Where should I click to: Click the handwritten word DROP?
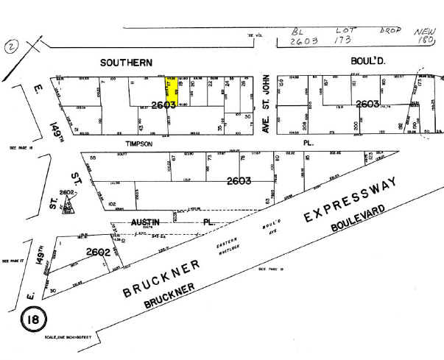[392, 31]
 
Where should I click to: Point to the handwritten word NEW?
[424, 31]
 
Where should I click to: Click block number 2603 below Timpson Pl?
[239, 180]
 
